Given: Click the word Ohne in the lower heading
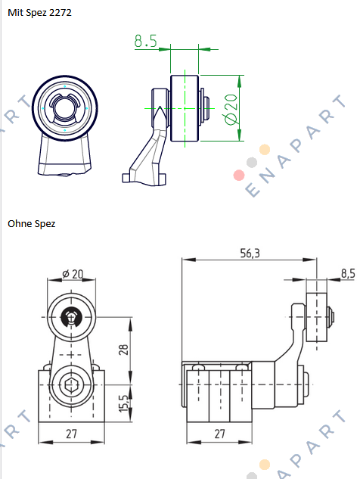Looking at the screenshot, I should (x=20, y=224).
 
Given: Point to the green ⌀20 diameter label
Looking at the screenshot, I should (x=232, y=109).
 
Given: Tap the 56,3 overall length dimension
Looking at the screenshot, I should (x=250, y=253).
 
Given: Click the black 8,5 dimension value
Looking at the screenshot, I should (x=348, y=273).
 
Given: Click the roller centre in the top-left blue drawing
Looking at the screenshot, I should (x=64, y=108).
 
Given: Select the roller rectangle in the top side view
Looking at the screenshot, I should (x=185, y=108).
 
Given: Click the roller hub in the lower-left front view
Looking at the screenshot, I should (x=71, y=318).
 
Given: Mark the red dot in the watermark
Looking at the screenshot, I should (x=240, y=175).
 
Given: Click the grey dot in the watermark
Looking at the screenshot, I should (x=251, y=163).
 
